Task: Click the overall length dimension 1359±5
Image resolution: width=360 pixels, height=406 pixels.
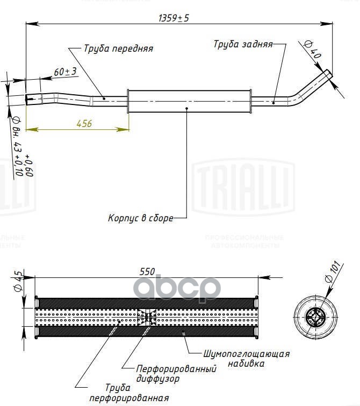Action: tap(174, 17)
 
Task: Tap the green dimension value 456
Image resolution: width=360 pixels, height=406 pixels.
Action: tap(84, 123)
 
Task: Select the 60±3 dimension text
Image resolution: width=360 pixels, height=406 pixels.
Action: tap(65, 71)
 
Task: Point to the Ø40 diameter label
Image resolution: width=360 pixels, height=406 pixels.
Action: tap(312, 50)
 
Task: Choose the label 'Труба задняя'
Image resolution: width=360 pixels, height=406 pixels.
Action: tap(243, 44)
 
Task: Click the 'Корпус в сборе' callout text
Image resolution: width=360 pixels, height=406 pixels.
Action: tap(140, 219)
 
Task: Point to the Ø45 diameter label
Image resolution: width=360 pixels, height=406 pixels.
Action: tap(18, 281)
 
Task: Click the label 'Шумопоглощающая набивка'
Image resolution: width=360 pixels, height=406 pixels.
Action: tap(247, 359)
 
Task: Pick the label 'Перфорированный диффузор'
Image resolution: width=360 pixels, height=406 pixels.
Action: tap(176, 373)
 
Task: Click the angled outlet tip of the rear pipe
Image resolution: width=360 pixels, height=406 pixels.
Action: tap(327, 74)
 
